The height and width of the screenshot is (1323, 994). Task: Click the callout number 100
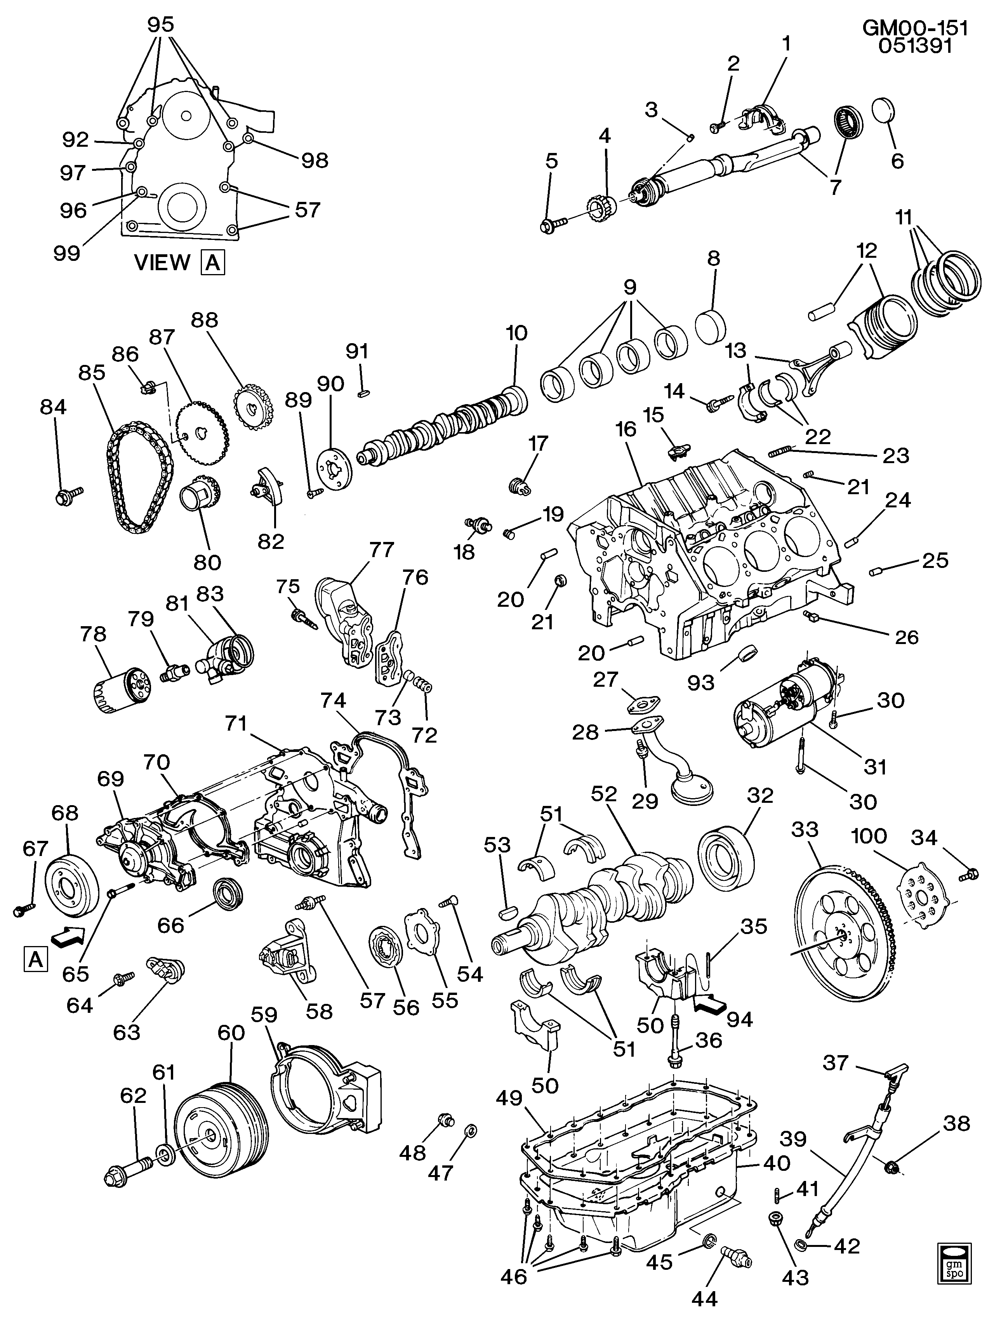869,836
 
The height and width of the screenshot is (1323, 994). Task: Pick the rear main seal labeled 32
725,854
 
